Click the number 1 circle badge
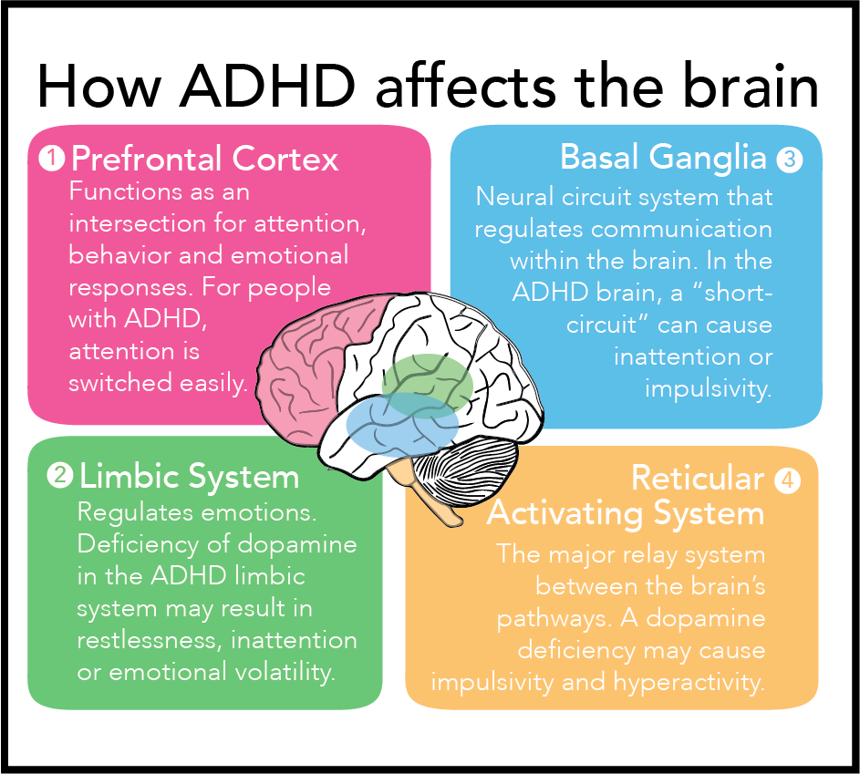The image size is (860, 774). (x=51, y=159)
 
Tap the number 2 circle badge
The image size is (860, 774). (x=59, y=475)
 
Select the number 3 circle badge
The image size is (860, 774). (x=789, y=160)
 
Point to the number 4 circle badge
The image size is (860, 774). (x=787, y=480)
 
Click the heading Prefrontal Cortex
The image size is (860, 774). (x=204, y=160)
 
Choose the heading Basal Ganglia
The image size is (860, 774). (x=663, y=158)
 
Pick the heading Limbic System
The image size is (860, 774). (x=189, y=476)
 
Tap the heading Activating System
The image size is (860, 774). (x=626, y=512)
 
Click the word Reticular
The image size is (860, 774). (x=697, y=478)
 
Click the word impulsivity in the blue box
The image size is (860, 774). (x=708, y=388)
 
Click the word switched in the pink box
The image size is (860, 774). (x=119, y=383)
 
